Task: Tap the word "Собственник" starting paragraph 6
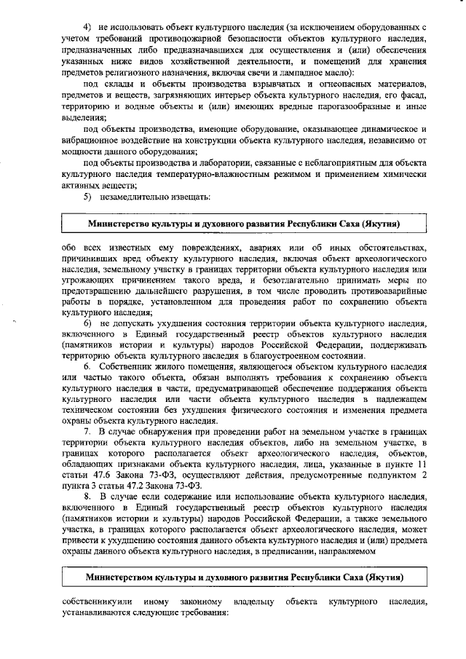click(127, 366)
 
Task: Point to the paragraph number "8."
click(87, 497)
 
